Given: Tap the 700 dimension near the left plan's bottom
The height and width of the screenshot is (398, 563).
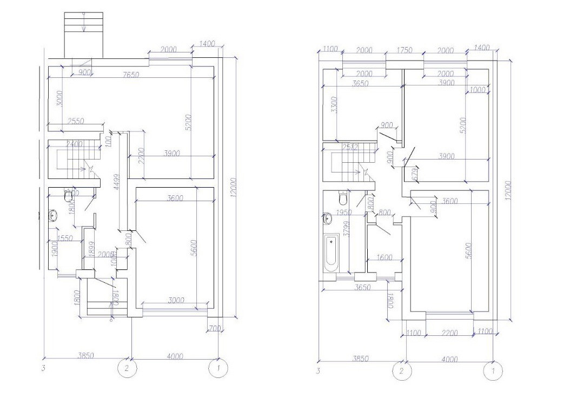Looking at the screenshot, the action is (x=214, y=328).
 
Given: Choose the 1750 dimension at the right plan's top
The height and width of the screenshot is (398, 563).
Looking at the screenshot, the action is (x=404, y=50).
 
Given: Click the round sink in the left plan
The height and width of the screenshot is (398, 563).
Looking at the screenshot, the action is (x=52, y=216).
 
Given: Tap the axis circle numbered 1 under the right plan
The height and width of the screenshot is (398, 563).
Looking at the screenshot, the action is (x=492, y=372).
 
